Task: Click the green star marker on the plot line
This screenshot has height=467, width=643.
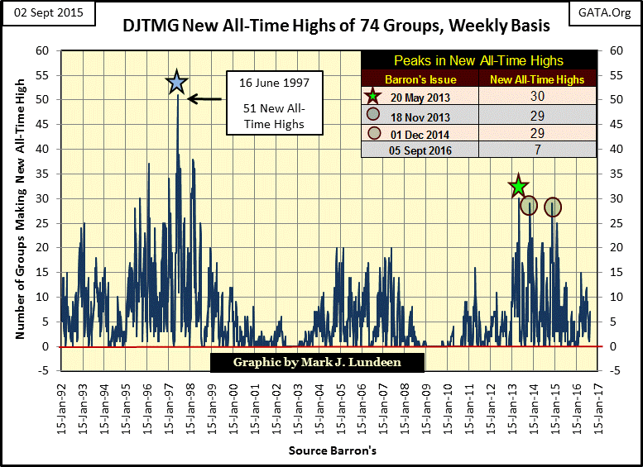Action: click(x=518, y=187)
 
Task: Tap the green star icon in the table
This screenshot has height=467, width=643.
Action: click(x=373, y=97)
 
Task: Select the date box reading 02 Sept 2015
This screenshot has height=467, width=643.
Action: click(x=48, y=14)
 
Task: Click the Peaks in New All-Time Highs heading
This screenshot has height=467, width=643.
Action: click(x=478, y=61)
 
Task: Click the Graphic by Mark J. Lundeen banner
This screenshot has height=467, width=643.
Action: click(x=318, y=362)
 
